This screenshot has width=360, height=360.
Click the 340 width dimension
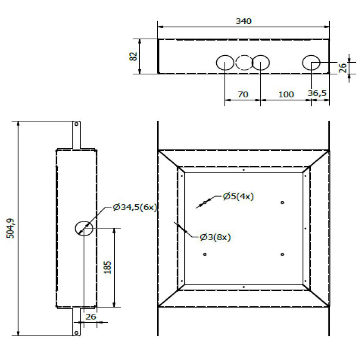click(x=244, y=21)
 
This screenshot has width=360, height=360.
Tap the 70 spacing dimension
click(x=243, y=94)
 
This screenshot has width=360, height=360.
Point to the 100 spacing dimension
click(x=286, y=94)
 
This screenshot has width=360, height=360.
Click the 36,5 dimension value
click(x=317, y=93)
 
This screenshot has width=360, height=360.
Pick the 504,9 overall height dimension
click(x=11, y=228)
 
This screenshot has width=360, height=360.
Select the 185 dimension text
click(x=107, y=267)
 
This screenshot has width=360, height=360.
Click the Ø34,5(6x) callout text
click(x=135, y=208)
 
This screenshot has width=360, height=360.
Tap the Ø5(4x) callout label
click(x=238, y=196)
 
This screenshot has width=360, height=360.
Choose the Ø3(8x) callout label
click(x=215, y=237)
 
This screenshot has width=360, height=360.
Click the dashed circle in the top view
click(x=244, y=63)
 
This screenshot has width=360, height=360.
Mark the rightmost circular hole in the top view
click(x=311, y=63)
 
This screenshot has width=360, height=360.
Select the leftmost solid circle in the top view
click(x=225, y=63)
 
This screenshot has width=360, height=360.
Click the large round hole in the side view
click(x=84, y=228)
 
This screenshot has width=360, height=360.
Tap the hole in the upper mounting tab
click(x=76, y=124)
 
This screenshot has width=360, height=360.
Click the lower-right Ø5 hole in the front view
click(x=283, y=254)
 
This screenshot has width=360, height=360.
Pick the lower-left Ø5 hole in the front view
click(x=205, y=254)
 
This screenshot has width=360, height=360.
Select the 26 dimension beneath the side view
click(x=91, y=317)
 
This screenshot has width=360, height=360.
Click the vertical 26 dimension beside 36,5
click(x=345, y=67)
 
